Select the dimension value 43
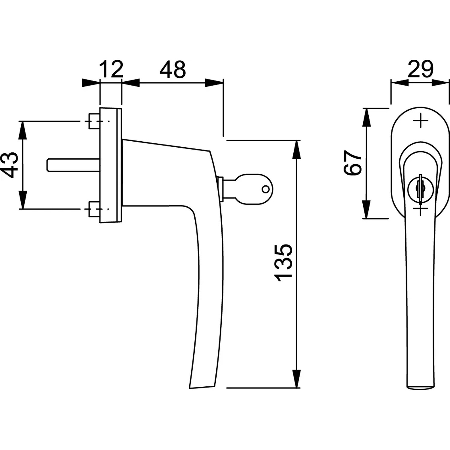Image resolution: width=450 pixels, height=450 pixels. coord(9,165)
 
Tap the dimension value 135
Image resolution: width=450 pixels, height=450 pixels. coord(283,263)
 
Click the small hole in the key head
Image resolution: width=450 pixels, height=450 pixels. coord(265,189)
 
